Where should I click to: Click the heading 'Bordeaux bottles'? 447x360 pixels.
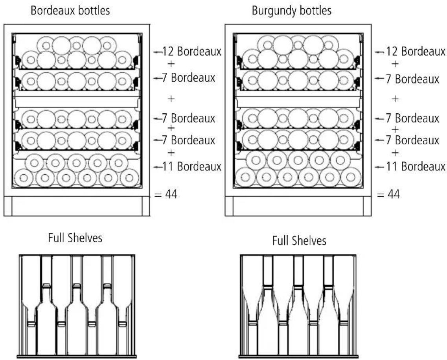tap(70, 11)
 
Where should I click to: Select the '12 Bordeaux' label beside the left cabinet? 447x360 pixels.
tap(191, 52)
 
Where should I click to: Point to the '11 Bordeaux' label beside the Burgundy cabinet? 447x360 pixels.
tap(416, 166)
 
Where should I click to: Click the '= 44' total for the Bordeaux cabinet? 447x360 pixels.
tap(166, 194)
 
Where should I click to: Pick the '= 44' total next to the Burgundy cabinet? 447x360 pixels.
tap(388, 194)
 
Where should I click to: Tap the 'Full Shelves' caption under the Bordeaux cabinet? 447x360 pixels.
tap(75, 238)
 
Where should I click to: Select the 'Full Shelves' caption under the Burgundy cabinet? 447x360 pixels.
tap(299, 240)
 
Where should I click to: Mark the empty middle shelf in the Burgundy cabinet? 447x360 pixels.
tap(298, 102)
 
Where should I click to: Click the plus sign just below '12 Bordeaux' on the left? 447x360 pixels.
tap(171, 64)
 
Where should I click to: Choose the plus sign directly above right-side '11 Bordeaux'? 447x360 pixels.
tap(395, 153)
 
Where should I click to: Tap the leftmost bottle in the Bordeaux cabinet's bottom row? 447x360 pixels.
tap(24, 178)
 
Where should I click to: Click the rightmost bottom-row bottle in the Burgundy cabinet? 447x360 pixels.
tap(351, 177)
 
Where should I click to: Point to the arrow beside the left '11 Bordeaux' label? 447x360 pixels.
tap(158, 167)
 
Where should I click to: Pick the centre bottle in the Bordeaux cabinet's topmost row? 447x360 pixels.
tap(76, 45)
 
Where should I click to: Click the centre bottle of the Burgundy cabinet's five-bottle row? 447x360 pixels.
tap(298, 160)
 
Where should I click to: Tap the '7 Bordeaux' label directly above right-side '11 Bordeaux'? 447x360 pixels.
tap(412, 140)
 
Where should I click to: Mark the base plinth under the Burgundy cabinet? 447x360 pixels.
tap(298, 206)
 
